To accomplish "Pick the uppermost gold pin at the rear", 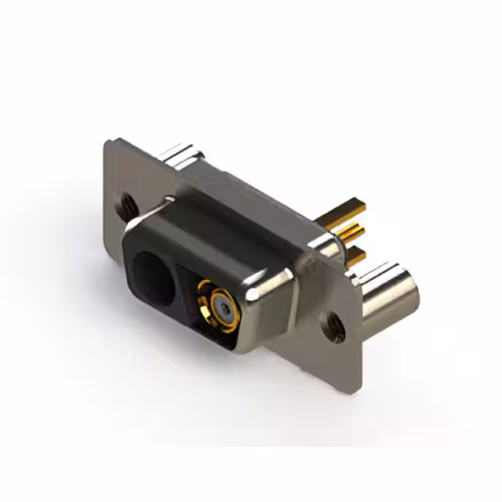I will coord(351,209).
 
